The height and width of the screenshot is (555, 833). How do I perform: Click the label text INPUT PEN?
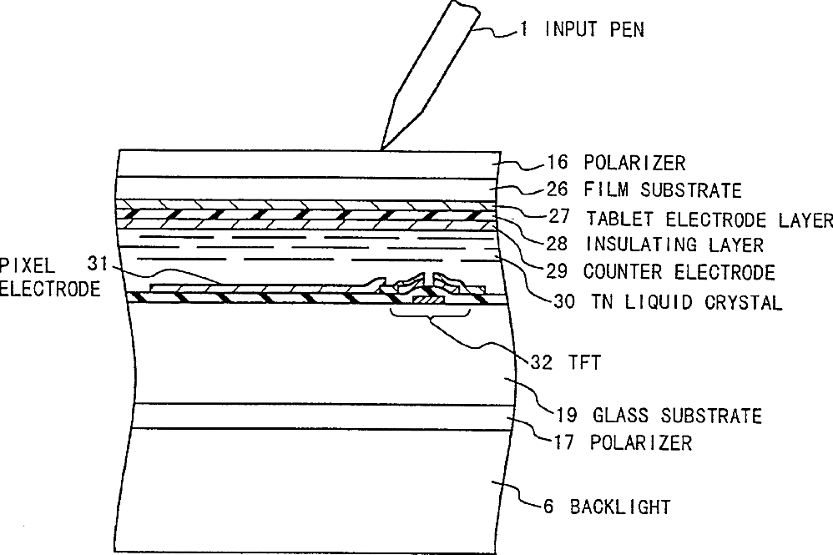[x=594, y=30]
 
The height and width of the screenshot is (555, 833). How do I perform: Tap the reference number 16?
[x=557, y=163]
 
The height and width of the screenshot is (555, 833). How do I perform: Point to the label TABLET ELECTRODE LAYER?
[x=709, y=219]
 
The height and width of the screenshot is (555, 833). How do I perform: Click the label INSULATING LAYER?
[x=674, y=245]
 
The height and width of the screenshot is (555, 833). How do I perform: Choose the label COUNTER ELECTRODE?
[x=679, y=272]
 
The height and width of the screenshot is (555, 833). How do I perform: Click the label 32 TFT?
[x=563, y=362]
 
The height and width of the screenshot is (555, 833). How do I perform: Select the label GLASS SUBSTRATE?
[x=676, y=415]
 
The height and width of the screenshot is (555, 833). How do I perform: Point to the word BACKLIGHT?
[x=620, y=506]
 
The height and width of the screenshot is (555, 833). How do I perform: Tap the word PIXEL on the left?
[x=28, y=265]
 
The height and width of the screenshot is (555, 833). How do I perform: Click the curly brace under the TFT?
[x=430, y=317]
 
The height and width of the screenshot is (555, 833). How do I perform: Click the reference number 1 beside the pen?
[x=523, y=30]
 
